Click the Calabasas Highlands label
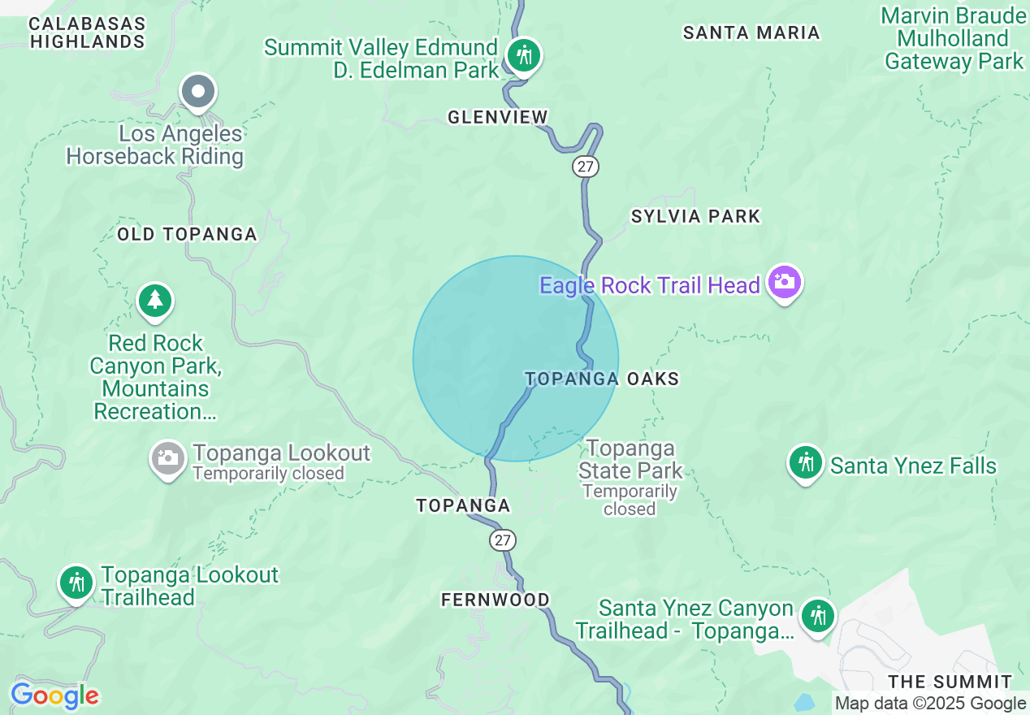(x=87, y=32)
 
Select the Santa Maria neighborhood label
(x=751, y=33)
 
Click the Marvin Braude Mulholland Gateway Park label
(x=954, y=38)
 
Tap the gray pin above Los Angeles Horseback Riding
(x=198, y=92)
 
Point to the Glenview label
(x=498, y=118)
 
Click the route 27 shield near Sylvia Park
(x=585, y=167)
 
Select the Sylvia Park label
(x=695, y=216)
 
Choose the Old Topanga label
(x=187, y=235)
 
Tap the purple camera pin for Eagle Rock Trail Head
(x=785, y=283)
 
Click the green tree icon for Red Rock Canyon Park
(x=155, y=301)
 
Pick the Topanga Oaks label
(x=602, y=379)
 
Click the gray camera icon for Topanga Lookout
(x=168, y=458)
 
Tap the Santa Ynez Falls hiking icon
(x=805, y=463)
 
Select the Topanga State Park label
(x=630, y=460)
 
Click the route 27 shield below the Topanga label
(x=503, y=539)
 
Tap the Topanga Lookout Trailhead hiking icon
(x=76, y=583)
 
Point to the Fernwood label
(x=495, y=600)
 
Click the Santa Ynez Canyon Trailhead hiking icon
(x=817, y=616)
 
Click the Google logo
(x=54, y=695)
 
